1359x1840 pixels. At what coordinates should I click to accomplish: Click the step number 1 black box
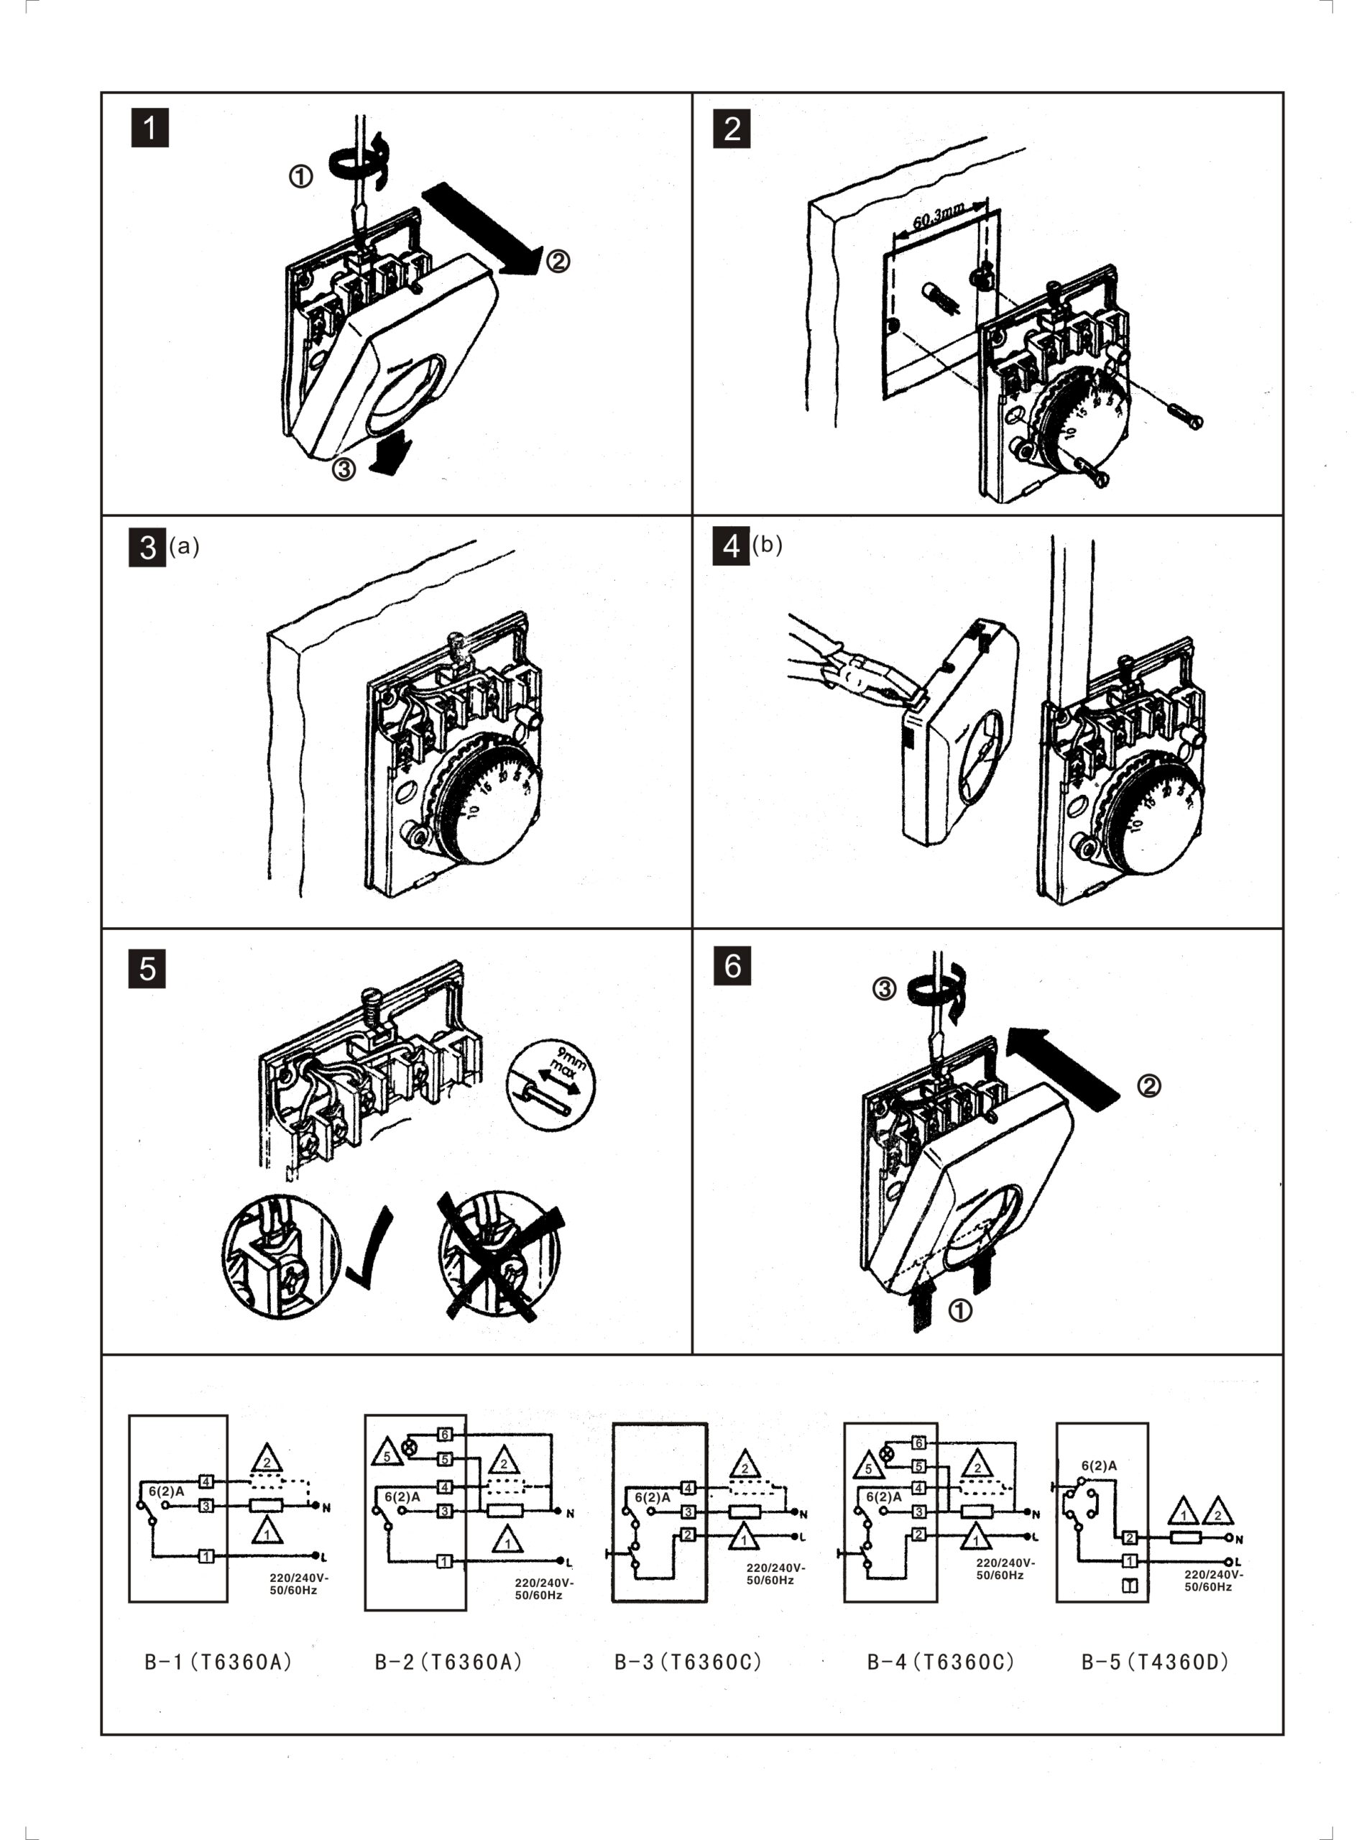(149, 129)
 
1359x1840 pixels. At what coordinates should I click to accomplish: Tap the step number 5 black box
(147, 969)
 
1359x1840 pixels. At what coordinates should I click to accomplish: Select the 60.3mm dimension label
(938, 216)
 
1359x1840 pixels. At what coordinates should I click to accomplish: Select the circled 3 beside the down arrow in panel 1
(343, 469)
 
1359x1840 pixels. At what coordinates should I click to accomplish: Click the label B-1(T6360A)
(218, 1662)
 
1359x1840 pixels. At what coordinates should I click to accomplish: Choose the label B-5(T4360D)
(1155, 1662)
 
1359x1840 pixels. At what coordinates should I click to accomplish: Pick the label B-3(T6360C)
(688, 1662)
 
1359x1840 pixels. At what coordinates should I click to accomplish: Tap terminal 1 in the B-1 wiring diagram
(206, 1556)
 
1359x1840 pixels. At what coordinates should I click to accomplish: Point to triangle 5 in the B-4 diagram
(868, 1468)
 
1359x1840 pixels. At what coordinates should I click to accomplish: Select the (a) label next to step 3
(184, 546)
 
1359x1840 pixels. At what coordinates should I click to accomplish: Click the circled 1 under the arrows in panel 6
(959, 1310)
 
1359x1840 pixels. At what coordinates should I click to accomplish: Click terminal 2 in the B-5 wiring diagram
(1130, 1537)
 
